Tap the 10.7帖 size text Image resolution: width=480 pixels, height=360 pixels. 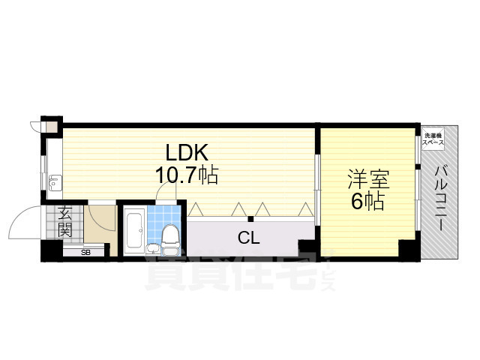click(187, 176)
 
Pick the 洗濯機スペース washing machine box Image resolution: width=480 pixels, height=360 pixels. click(433, 139)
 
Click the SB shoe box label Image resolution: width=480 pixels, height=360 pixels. click(85, 252)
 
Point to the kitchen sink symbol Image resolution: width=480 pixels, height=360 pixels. click(54, 184)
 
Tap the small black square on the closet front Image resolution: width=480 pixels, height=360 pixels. click(252, 219)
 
